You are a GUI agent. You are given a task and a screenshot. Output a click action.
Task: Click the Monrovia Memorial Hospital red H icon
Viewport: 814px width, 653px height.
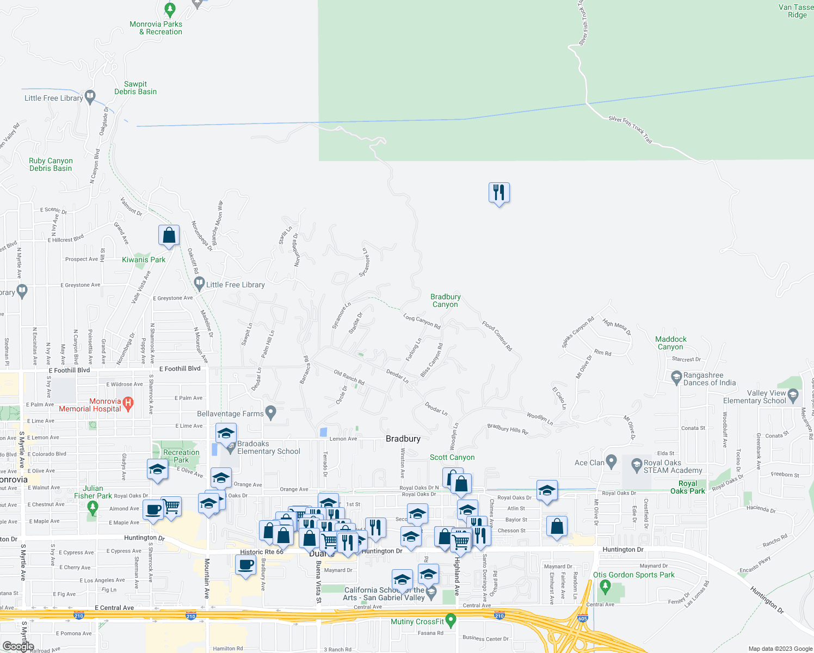(x=128, y=403)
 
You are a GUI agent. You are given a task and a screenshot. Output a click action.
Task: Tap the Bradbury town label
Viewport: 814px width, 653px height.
(x=403, y=439)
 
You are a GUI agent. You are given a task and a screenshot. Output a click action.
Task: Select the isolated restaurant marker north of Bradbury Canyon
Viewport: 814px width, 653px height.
(x=499, y=193)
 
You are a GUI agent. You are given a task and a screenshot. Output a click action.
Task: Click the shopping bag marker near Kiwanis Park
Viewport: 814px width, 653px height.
(x=169, y=236)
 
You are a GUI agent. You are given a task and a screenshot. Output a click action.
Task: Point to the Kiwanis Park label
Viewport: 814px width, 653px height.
(x=144, y=260)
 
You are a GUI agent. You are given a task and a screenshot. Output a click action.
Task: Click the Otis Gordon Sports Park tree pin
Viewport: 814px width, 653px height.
(x=605, y=586)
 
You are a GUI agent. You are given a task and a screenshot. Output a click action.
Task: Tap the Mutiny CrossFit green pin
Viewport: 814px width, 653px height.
(x=451, y=620)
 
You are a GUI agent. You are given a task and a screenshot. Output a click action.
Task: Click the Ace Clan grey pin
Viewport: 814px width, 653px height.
(x=611, y=461)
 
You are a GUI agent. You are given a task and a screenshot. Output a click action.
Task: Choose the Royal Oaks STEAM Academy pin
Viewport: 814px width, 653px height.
(x=637, y=465)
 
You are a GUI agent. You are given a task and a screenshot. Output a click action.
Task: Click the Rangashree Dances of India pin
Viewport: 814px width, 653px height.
(x=676, y=377)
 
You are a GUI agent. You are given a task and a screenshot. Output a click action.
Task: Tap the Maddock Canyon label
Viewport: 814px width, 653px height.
(x=671, y=343)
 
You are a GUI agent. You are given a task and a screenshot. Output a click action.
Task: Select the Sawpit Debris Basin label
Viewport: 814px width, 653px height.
(x=135, y=88)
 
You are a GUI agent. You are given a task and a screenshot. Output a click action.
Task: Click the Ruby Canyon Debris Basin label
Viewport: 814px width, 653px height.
(x=51, y=164)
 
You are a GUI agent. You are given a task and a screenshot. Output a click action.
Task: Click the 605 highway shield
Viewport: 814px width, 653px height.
(x=583, y=618)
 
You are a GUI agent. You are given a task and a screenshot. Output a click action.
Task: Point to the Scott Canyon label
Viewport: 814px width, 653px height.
(x=452, y=457)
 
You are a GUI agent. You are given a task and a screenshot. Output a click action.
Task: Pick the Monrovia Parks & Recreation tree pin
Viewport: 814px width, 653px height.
(x=170, y=9)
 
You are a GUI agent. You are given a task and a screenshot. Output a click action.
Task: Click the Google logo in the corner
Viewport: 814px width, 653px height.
(x=18, y=646)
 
